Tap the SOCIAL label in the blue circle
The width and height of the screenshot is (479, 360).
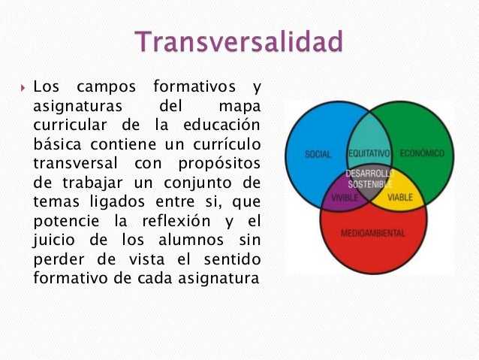pyautogui.click(x=318, y=154)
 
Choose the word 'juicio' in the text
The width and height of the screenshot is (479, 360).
pyautogui.click(x=56, y=241)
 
